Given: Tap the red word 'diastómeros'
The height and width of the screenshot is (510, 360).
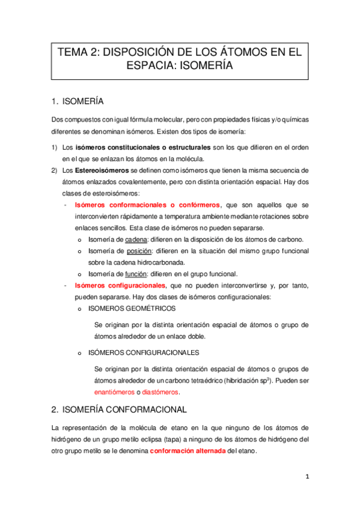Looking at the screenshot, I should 160,392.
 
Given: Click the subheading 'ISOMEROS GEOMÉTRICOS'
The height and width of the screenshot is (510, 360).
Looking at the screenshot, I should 132,308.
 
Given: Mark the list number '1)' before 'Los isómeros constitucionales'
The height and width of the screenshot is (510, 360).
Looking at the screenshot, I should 54,147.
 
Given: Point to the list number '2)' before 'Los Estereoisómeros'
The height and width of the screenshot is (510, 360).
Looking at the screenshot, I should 54,170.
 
